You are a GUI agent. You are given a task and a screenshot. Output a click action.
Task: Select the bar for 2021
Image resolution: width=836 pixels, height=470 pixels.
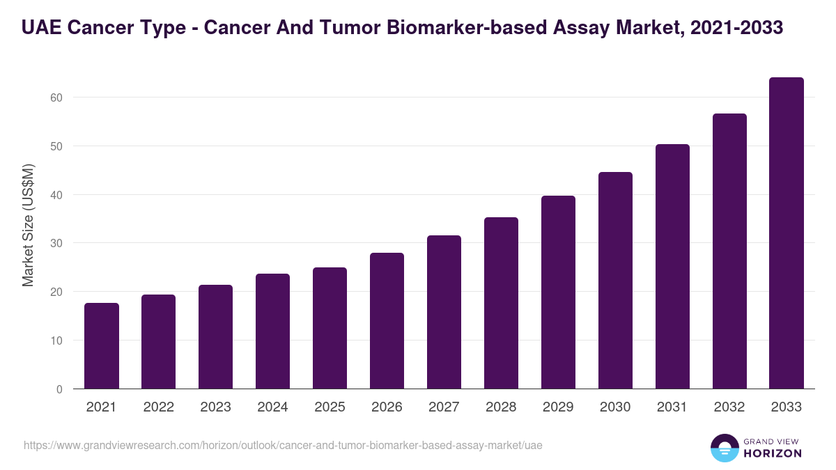tap(102, 346)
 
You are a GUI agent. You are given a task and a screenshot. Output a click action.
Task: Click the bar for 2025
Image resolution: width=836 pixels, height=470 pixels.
tap(330, 328)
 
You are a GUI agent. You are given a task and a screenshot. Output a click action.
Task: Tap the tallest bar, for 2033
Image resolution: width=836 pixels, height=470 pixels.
tap(787, 233)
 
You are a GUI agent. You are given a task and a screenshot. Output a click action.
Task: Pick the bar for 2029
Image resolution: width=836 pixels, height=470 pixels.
tap(558, 292)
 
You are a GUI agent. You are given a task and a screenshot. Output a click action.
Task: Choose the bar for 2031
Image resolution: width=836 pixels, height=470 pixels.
tap(672, 267)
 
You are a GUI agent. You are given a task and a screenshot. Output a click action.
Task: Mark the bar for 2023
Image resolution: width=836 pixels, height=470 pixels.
tap(215, 337)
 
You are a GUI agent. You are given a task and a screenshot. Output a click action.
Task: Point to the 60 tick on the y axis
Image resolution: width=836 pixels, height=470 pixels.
tap(56, 97)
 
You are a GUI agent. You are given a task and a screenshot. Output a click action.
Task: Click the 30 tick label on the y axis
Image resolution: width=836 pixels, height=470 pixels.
tap(56, 243)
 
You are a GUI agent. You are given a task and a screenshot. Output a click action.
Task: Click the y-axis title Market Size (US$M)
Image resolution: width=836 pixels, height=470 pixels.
tap(28, 224)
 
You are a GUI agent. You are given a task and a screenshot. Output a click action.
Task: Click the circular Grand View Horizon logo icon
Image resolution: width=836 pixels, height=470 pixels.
tap(724, 448)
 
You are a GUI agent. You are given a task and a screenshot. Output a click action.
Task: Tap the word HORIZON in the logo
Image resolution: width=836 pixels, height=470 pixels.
tap(772, 453)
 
